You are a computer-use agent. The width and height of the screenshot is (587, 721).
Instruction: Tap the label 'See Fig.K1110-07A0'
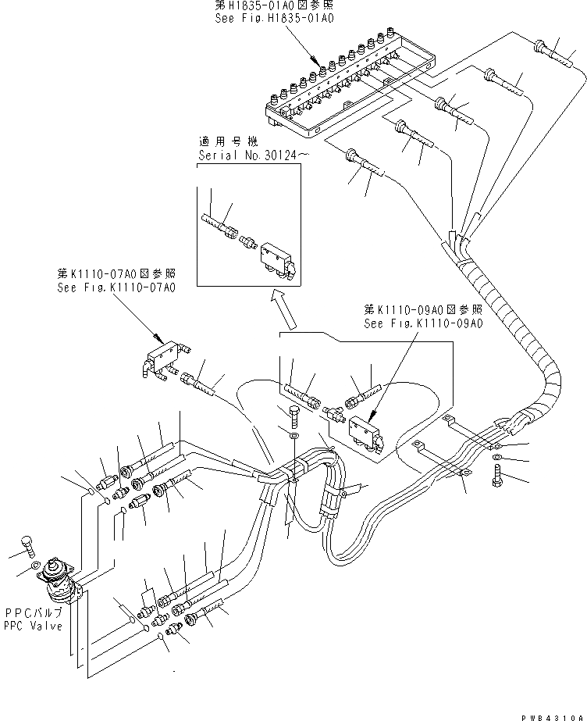pos(116,287)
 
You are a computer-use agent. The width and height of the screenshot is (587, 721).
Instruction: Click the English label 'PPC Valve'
pos(31,626)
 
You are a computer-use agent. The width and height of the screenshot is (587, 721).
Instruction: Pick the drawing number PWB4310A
pos(554,713)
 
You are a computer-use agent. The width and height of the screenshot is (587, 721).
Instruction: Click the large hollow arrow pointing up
pos(283,307)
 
